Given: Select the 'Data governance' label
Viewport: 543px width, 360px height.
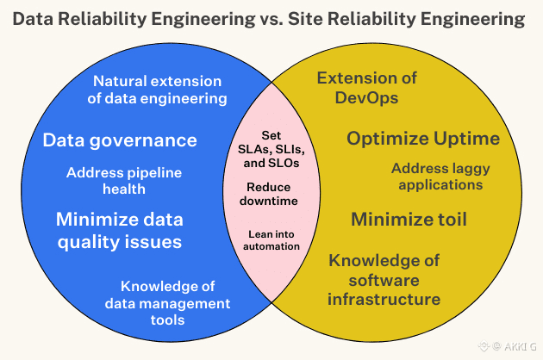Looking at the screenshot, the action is pos(120,140).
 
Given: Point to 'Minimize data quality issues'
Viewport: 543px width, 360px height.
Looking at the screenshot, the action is pos(119,230).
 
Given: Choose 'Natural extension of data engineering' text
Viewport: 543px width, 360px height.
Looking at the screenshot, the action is pos(156,90).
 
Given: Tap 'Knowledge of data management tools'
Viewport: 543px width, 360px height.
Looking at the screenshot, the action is pos(167,303).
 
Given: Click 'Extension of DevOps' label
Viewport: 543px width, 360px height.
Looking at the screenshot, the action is pos(366,87).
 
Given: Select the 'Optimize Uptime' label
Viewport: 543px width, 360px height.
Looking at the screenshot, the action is pos(423,139).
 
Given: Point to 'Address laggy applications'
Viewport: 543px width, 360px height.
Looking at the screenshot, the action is pos(436,176).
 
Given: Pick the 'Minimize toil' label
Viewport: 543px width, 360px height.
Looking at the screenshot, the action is pos(409,220).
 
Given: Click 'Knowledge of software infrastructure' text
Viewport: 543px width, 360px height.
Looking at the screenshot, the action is pos(384,280).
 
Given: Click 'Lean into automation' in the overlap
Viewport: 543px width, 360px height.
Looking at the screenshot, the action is pos(272,239).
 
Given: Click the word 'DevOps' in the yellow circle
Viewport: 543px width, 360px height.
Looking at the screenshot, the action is pos(366,96).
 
